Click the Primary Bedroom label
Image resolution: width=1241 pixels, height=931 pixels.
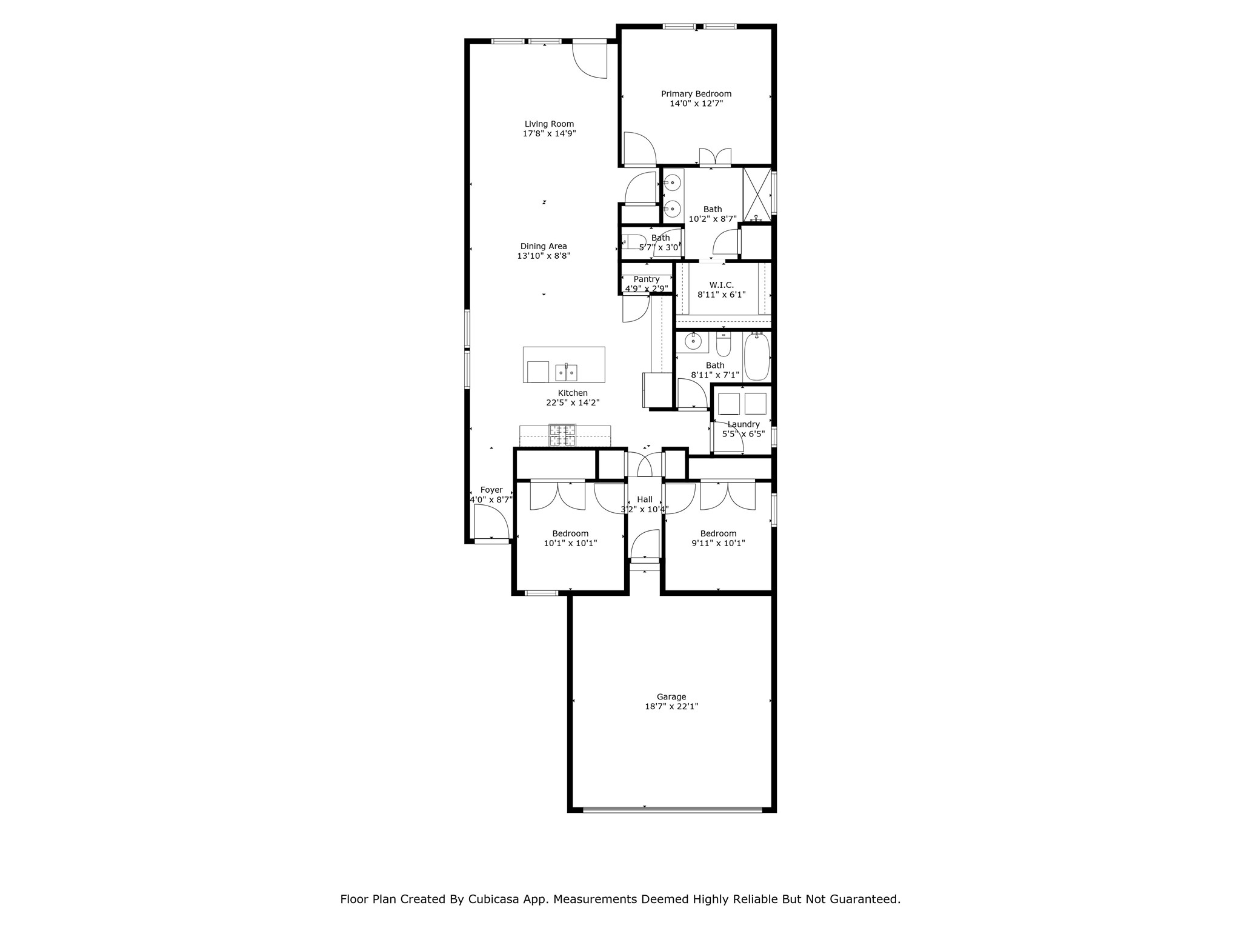pyautogui.click(x=696, y=94)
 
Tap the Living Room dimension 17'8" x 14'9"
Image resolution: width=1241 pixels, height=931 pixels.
pyautogui.click(x=549, y=133)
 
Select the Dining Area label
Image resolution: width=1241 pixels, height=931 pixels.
pyautogui.click(x=544, y=246)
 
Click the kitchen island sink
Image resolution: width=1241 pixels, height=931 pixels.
pyautogui.click(x=567, y=372)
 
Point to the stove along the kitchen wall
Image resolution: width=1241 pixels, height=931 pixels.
pyautogui.click(x=562, y=436)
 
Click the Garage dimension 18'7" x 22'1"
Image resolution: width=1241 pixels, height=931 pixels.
pyautogui.click(x=671, y=706)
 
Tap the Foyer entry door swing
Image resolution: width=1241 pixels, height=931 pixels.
pyautogui.click(x=490, y=522)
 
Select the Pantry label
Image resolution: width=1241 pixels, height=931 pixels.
pyautogui.click(x=646, y=279)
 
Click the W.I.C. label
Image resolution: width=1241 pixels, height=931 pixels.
pyautogui.click(x=721, y=285)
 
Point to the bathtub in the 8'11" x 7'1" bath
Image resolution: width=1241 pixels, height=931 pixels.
pyautogui.click(x=757, y=356)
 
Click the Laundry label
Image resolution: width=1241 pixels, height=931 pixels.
pyautogui.click(x=744, y=424)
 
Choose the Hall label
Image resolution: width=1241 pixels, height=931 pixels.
pyautogui.click(x=645, y=499)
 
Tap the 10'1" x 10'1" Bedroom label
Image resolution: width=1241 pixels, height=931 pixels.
pyautogui.click(x=570, y=533)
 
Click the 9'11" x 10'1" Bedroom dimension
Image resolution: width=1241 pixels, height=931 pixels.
pyautogui.click(x=718, y=543)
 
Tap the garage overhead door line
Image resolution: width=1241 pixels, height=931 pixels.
pyautogui.click(x=672, y=809)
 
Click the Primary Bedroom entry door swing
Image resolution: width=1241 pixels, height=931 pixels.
pyautogui.click(x=638, y=148)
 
